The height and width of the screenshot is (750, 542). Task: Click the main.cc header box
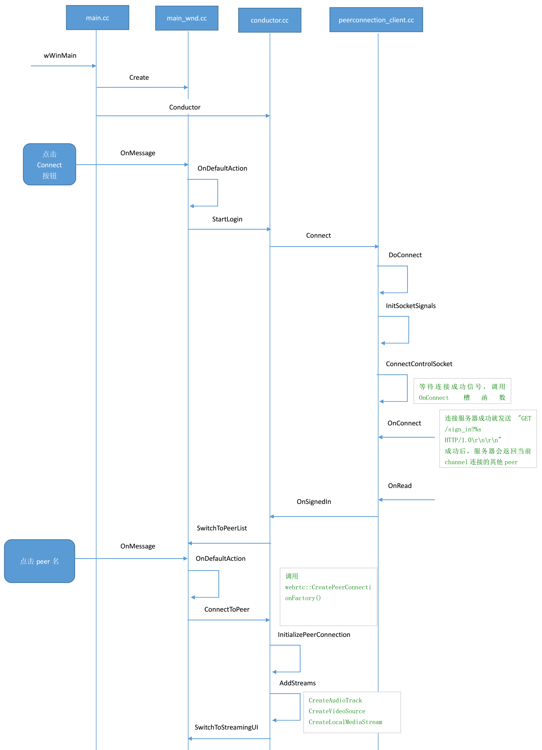(97, 18)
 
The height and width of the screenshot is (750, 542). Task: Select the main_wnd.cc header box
(187, 18)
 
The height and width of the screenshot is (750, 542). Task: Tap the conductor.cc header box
(270, 20)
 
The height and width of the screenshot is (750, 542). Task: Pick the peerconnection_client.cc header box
(376, 20)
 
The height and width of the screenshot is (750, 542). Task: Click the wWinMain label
(60, 56)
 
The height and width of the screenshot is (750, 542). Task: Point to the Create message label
(139, 78)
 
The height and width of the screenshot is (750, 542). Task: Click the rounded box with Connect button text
(50, 164)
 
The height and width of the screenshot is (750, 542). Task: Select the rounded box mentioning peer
(40, 561)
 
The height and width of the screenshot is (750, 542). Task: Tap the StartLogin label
(227, 219)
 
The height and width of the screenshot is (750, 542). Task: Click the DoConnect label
(405, 255)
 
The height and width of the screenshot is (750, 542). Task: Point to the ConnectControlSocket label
(419, 364)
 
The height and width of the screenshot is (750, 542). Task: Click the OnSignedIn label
(314, 502)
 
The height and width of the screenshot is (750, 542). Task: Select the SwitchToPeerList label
(222, 528)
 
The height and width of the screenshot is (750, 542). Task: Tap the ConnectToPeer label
(227, 610)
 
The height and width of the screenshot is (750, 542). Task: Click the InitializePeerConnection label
(314, 634)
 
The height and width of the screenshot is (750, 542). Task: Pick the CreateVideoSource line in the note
(337, 711)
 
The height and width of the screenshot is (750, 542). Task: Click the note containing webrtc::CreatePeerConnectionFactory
(328, 597)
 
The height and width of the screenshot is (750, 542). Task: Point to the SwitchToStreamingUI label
(226, 727)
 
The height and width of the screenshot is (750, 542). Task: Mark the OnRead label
(400, 486)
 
